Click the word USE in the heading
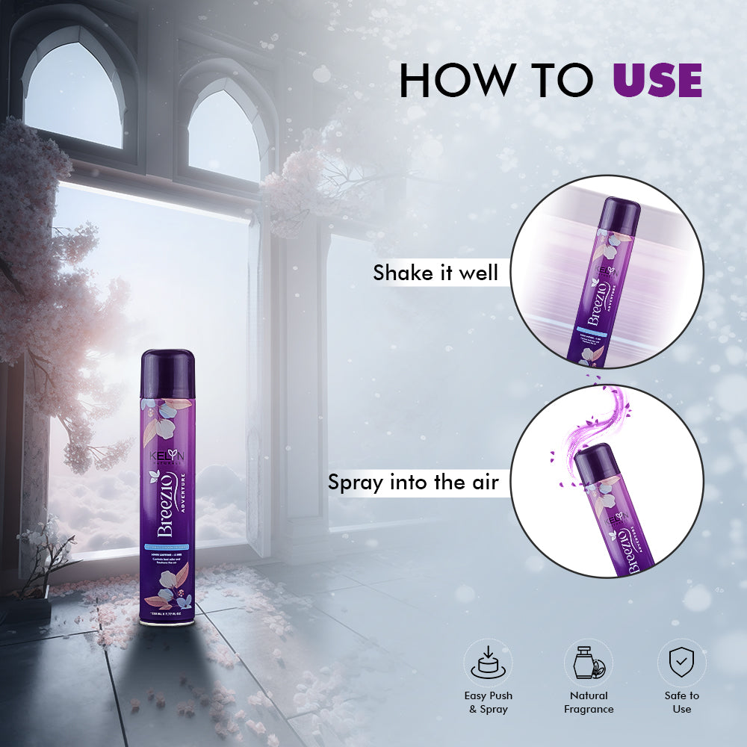click(657, 81)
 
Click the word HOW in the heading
click(446, 81)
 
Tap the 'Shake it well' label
click(436, 273)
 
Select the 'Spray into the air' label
click(413, 482)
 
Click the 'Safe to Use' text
click(681, 701)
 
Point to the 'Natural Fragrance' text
click(588, 701)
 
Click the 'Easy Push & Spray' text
click(488, 701)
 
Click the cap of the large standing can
click(169, 365)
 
